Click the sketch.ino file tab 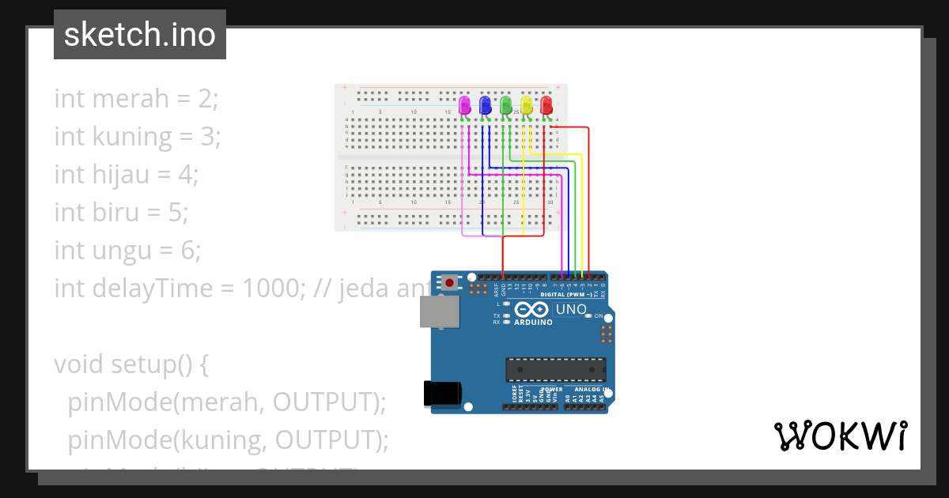click(140, 35)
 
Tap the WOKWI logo click(840, 436)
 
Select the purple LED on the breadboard click(465, 104)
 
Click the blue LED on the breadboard click(486, 104)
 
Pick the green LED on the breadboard click(506, 104)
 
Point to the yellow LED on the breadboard click(527, 104)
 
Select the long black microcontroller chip click(556, 369)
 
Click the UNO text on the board click(571, 309)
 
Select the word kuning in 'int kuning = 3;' click(132, 137)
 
